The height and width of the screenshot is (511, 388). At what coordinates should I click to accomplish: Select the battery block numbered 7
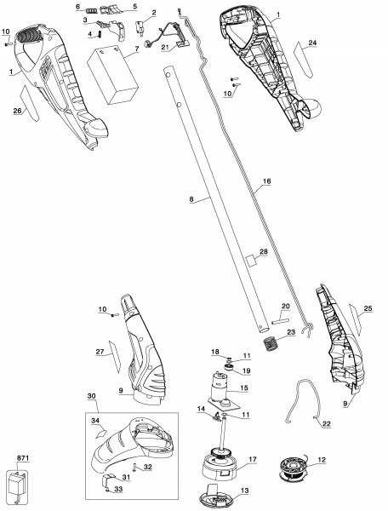click(113, 76)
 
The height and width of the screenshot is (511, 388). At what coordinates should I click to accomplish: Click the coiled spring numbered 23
click(270, 343)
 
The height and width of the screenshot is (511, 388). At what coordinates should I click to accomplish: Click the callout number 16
click(266, 181)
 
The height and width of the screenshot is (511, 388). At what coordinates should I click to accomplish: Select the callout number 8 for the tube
click(191, 199)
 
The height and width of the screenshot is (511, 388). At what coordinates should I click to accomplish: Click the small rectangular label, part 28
click(252, 261)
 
